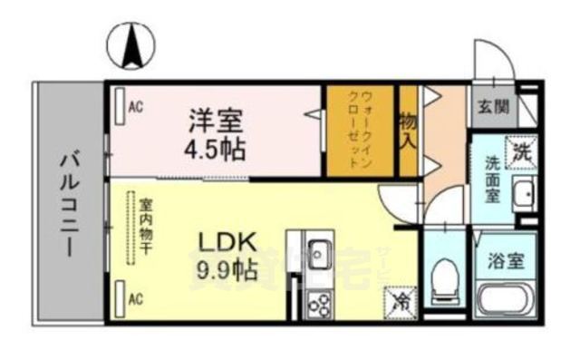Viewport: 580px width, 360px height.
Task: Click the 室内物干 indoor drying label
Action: click(x=144, y=227)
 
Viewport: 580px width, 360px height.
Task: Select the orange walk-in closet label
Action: click(x=361, y=131)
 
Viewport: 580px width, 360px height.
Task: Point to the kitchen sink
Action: click(x=320, y=251)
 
